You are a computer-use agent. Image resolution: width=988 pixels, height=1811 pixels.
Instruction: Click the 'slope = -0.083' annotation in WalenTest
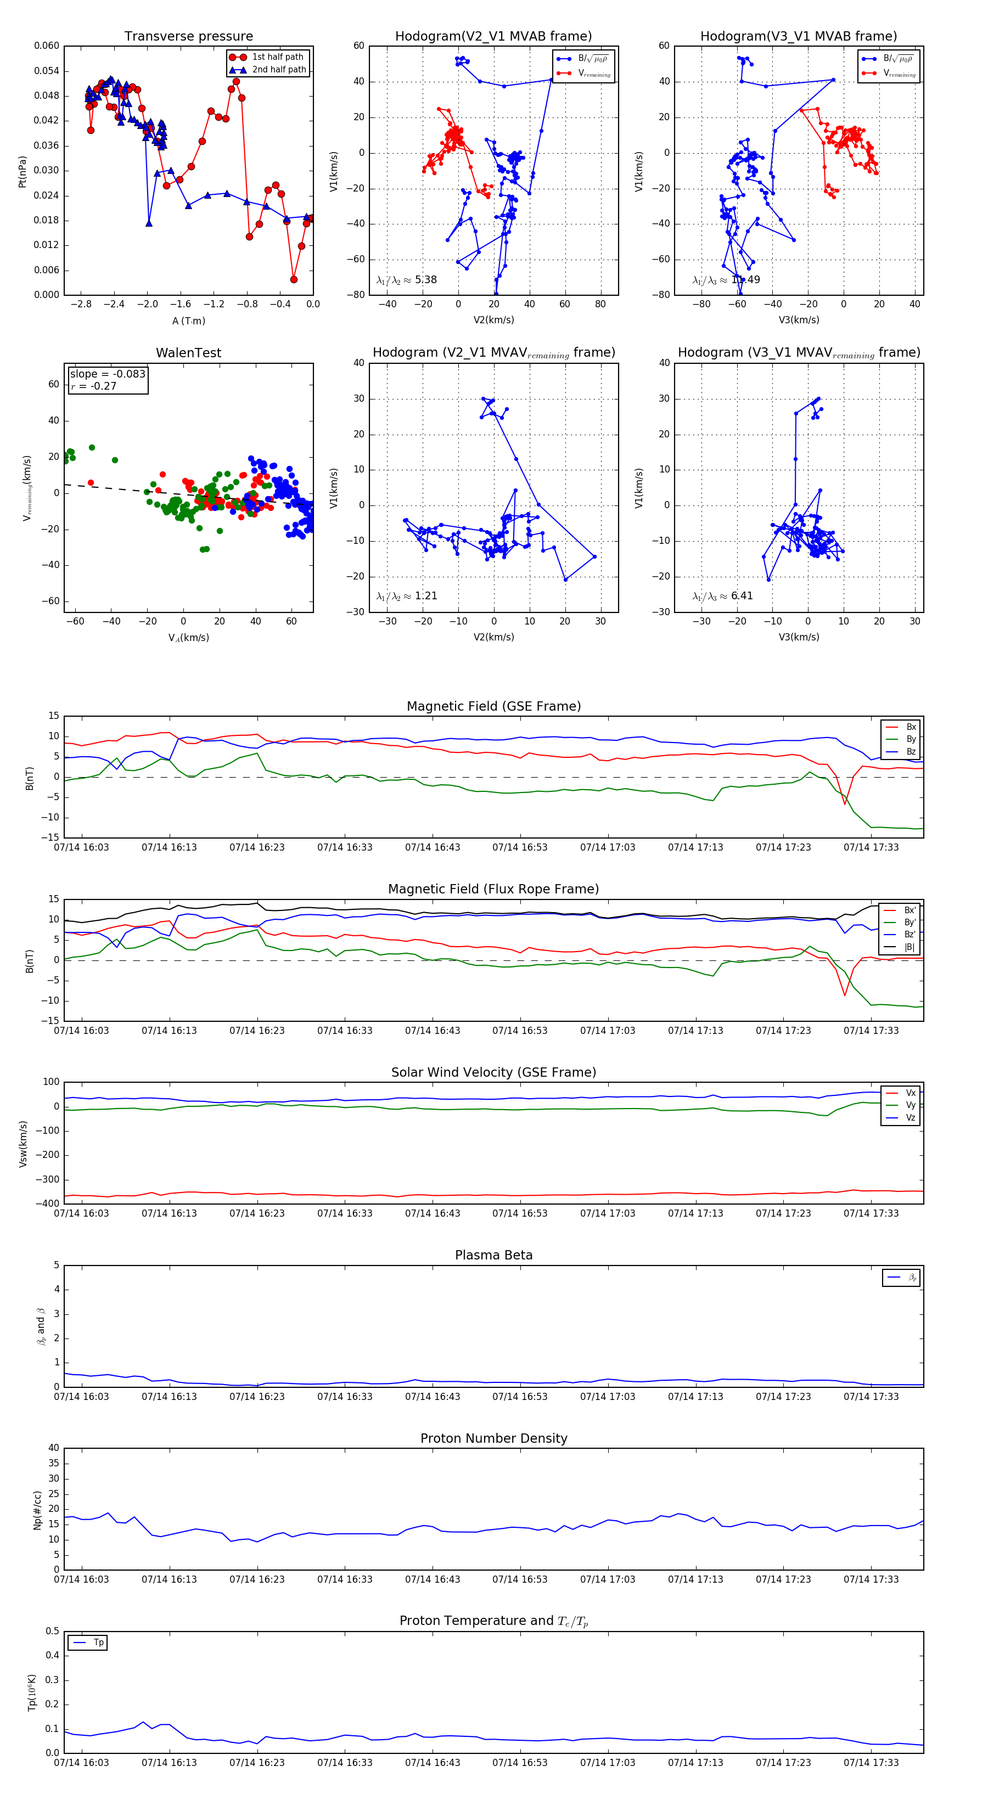click(108, 374)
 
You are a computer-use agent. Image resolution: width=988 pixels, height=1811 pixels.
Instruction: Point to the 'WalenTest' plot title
click(188, 353)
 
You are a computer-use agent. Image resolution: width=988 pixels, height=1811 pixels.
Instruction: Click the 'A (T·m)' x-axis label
click(188, 321)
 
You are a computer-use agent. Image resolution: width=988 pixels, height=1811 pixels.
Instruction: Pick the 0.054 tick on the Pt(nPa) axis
click(47, 71)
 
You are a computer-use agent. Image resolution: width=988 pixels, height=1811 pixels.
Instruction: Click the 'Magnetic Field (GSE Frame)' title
click(493, 706)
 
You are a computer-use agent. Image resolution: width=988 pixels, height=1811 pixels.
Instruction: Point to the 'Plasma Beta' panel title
click(493, 1256)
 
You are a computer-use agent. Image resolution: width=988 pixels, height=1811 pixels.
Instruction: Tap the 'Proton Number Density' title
click(493, 1438)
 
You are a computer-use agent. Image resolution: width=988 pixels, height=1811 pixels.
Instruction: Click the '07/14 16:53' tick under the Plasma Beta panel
click(520, 1397)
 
